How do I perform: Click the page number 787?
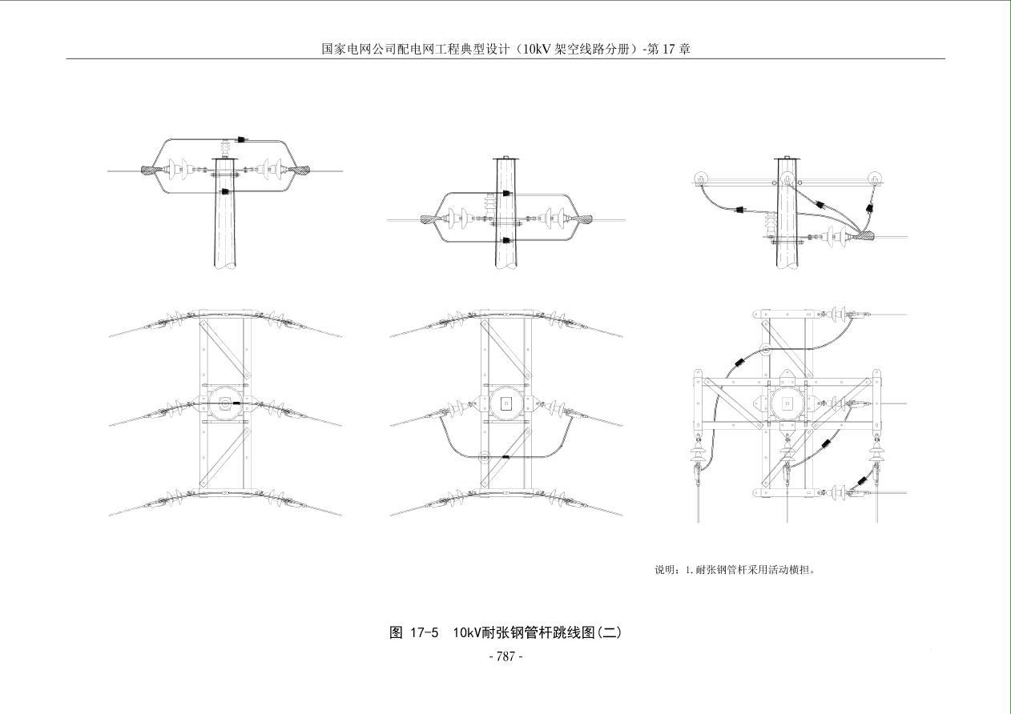tap(505, 656)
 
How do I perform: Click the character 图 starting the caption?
tap(396, 632)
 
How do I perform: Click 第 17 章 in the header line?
tap(669, 49)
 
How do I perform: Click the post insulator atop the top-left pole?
tap(225, 149)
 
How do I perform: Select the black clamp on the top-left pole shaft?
tap(226, 191)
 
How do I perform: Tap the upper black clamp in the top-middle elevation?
tap(505, 193)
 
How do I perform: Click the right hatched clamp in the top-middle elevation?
tap(582, 218)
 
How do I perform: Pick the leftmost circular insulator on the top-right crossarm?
tap(700, 179)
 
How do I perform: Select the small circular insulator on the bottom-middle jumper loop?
tap(484, 457)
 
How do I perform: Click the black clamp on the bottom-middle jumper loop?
tap(505, 456)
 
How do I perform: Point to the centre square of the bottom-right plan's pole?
tap(787, 403)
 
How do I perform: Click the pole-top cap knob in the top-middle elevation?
tap(505, 156)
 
